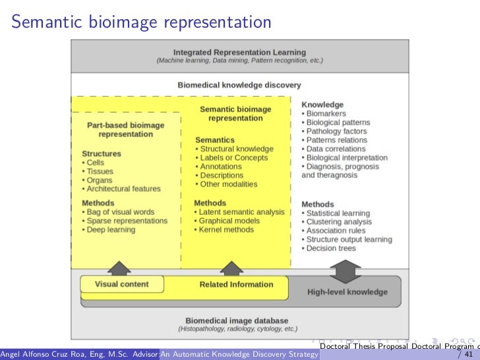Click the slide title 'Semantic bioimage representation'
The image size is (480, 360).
[142, 22]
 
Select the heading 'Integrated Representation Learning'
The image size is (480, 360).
[239, 52]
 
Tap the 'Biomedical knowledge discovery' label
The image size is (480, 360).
[239, 85]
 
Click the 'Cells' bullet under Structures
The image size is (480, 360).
[95, 163]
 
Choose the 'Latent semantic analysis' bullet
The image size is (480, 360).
[241, 212]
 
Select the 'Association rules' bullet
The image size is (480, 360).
[336, 231]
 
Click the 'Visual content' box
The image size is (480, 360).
[122, 285]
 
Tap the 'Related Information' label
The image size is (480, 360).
[236, 285]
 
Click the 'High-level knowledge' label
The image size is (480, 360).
[347, 291]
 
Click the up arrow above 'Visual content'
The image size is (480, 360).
[120, 268]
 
